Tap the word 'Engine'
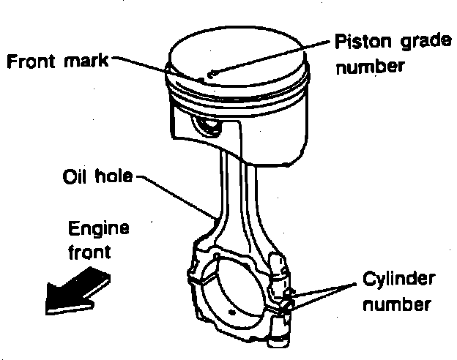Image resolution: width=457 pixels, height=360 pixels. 98,230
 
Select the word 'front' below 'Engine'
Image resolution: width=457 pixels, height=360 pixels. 89,252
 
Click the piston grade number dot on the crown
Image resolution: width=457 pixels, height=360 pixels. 210,73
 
